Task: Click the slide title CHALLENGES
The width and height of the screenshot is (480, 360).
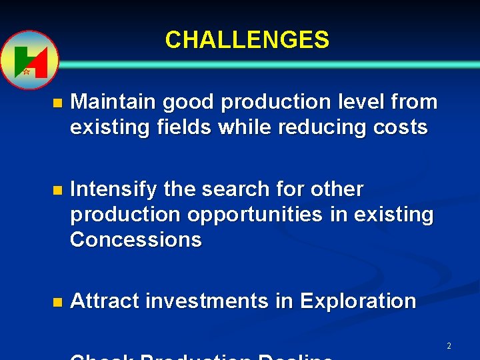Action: (x=247, y=40)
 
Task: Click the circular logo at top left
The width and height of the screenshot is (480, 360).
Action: (x=29, y=60)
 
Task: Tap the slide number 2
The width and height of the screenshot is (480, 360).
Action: (x=449, y=346)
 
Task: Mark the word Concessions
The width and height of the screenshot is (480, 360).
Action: (x=135, y=239)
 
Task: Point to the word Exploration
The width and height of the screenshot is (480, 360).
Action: (x=358, y=301)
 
